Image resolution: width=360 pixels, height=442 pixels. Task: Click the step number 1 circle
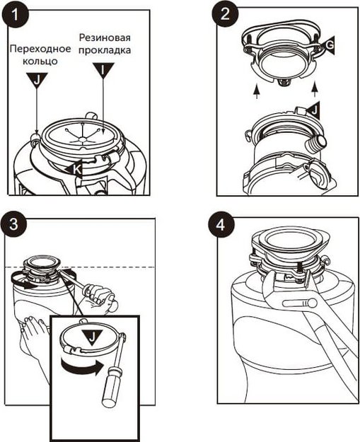tap(16, 15)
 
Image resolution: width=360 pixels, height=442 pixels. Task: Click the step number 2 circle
tap(225, 13)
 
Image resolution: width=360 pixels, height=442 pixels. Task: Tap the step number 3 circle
tap(13, 225)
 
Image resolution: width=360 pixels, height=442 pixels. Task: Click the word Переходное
tap(40, 49)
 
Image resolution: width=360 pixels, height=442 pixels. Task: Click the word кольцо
tap(40, 61)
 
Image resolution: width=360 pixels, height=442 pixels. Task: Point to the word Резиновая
tap(105, 37)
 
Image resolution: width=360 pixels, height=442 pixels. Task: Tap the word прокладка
tap(105, 50)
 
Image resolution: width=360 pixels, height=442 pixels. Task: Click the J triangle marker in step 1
tap(37, 79)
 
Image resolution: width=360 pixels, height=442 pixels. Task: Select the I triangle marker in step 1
tap(103, 70)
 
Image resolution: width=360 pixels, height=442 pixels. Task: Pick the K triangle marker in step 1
tap(74, 169)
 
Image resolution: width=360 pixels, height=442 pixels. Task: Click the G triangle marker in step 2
tap(328, 45)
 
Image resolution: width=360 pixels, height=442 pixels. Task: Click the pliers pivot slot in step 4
tap(300, 303)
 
